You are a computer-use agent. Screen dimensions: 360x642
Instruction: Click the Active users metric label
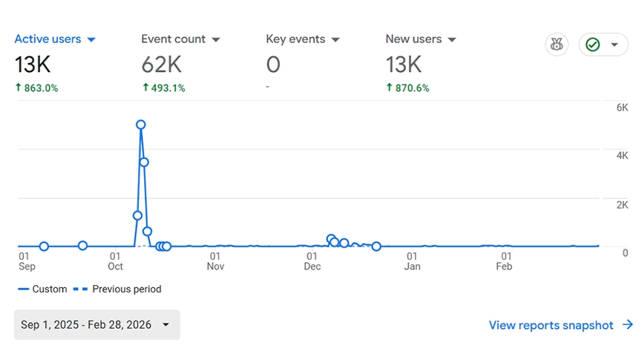pos(48,39)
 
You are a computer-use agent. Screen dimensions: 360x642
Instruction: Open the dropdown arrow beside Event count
pos(216,39)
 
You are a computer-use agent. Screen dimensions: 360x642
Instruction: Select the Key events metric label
pos(295,39)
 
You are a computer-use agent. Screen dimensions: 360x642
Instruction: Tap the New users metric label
pos(413,39)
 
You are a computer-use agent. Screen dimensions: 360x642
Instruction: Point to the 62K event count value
pos(163,65)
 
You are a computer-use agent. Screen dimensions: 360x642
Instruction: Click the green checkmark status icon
pos(592,45)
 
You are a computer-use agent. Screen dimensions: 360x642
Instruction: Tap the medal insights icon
pos(557,45)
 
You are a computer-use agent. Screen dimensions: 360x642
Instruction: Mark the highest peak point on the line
pos(140,125)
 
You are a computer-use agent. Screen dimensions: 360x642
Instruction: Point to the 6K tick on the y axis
pos(622,108)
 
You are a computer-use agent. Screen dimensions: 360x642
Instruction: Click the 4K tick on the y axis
pos(622,156)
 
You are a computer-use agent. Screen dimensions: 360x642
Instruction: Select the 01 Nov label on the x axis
pos(215,261)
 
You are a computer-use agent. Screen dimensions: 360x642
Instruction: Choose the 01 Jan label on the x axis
pos(412,261)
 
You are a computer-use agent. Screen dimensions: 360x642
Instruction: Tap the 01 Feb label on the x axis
pos(505,261)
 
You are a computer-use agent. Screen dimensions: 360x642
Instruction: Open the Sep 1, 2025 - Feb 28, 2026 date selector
pos(96,325)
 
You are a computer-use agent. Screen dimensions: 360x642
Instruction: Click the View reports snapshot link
pos(560,325)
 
